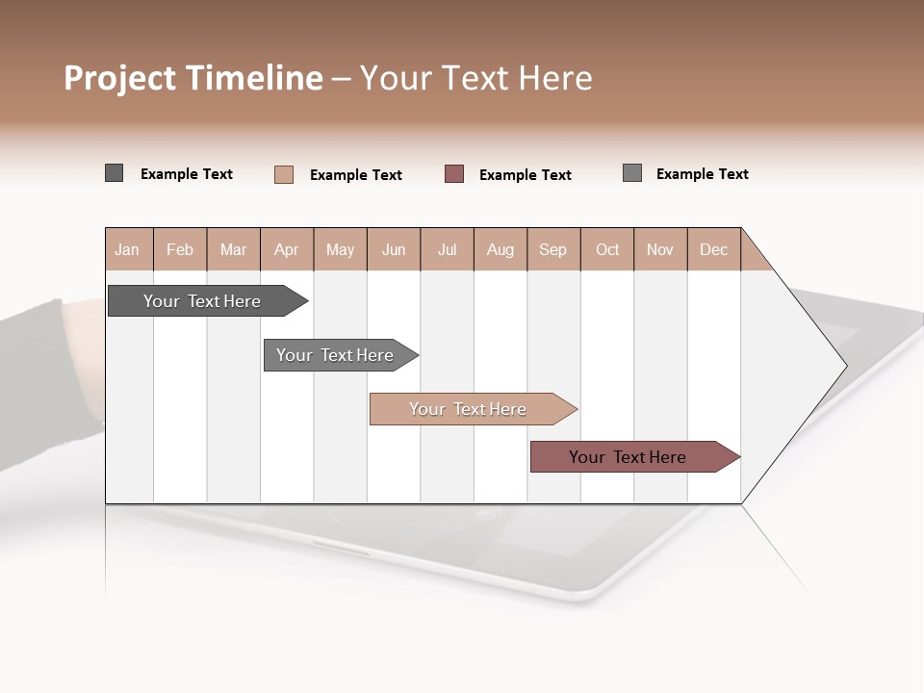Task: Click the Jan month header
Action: point(128,249)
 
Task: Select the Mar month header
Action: point(233,249)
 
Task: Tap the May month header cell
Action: point(340,249)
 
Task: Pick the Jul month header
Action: point(447,249)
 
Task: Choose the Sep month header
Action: point(552,249)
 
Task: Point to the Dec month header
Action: point(713,249)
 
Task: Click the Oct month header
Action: point(607,249)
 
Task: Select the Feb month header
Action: point(180,249)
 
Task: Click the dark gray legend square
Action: point(114,173)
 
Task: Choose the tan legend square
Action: point(283,174)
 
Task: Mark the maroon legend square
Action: point(454,173)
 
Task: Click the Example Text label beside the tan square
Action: point(355,175)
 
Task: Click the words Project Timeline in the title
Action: point(192,78)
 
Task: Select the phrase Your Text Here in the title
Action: point(475,78)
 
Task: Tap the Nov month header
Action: point(660,249)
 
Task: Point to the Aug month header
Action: point(500,249)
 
